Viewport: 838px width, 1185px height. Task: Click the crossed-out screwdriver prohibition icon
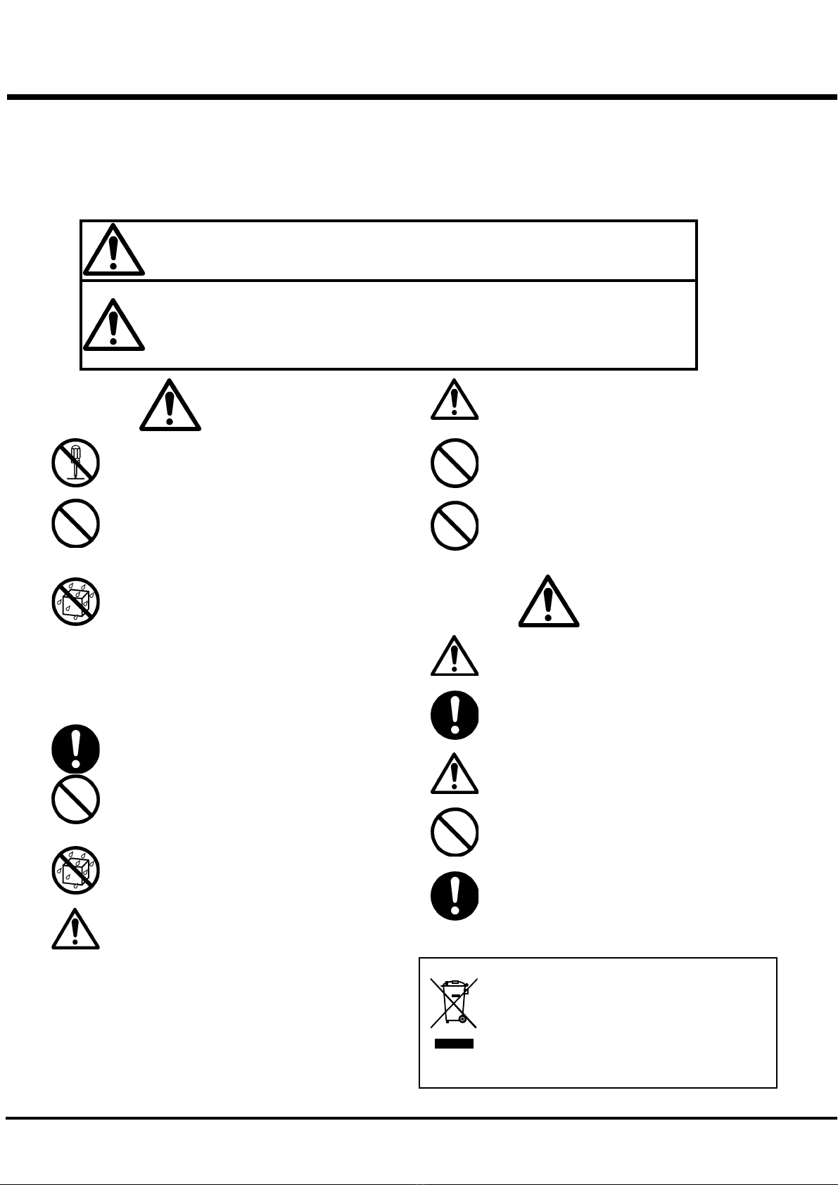pos(75,463)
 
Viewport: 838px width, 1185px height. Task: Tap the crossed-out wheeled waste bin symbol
pos(454,1003)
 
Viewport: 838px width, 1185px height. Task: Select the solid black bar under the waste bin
pos(454,1044)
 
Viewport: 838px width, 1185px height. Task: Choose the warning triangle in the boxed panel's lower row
pos(113,325)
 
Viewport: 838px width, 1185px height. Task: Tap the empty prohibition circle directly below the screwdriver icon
pos(75,523)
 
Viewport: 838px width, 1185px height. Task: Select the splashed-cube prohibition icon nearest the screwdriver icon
pos(75,602)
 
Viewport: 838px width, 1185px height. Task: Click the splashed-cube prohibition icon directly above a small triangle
pos(75,871)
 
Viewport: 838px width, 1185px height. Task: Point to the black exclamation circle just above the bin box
pos(455,897)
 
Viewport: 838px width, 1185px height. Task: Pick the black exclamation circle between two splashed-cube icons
pos(75,748)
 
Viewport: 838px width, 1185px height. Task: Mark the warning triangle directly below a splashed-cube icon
pos(75,930)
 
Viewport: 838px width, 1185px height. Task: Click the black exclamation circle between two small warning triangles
pos(455,715)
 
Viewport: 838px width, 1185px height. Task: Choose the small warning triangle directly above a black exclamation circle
pos(455,657)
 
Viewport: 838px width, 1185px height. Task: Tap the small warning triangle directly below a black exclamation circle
pos(455,774)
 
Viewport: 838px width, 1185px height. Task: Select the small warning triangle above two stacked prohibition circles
pos(455,400)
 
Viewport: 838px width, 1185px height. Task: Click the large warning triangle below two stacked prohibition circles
pos(549,602)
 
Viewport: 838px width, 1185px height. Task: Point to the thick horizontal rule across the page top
pos(422,97)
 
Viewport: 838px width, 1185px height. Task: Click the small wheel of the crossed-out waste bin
pos(462,1018)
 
